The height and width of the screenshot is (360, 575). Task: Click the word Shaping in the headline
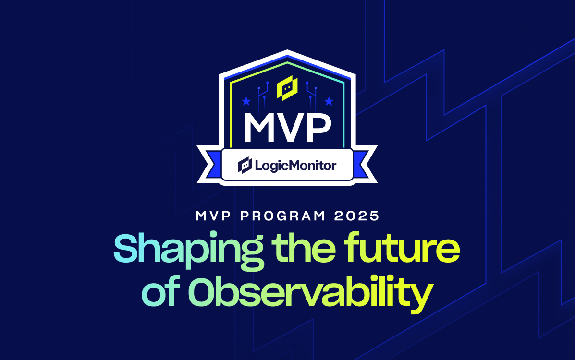(188, 251)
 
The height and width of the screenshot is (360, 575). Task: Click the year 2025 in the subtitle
(357, 216)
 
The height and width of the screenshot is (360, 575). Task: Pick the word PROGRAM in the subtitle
(282, 216)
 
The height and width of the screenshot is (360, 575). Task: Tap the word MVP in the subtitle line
(213, 216)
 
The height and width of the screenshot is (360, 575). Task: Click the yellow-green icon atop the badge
(287, 88)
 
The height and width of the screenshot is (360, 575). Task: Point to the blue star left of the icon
(246, 101)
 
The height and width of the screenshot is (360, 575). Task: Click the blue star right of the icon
(329, 101)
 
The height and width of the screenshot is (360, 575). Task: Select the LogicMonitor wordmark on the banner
(295, 166)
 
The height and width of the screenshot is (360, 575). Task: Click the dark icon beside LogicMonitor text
(245, 165)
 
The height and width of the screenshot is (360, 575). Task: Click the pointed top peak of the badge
(287, 50)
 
